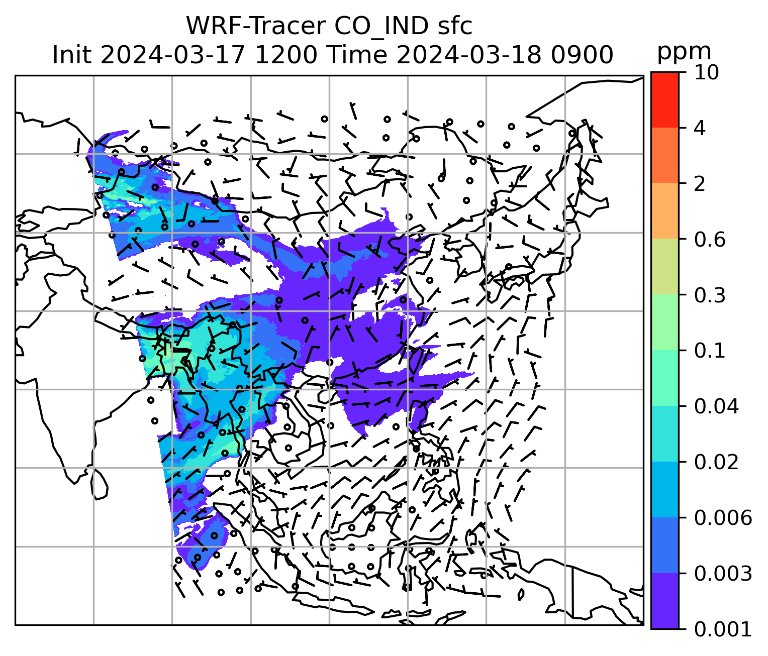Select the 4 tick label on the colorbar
click(700, 129)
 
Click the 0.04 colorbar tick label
click(716, 406)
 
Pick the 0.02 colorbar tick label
click(716, 462)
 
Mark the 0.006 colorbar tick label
click(723, 518)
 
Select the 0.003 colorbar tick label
click(723, 573)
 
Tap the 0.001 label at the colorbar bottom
click(723, 629)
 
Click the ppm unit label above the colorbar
click(684, 52)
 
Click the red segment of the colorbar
click(664, 99)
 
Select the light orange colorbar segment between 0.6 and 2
click(664, 211)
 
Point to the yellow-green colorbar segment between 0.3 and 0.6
click(664, 266)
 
